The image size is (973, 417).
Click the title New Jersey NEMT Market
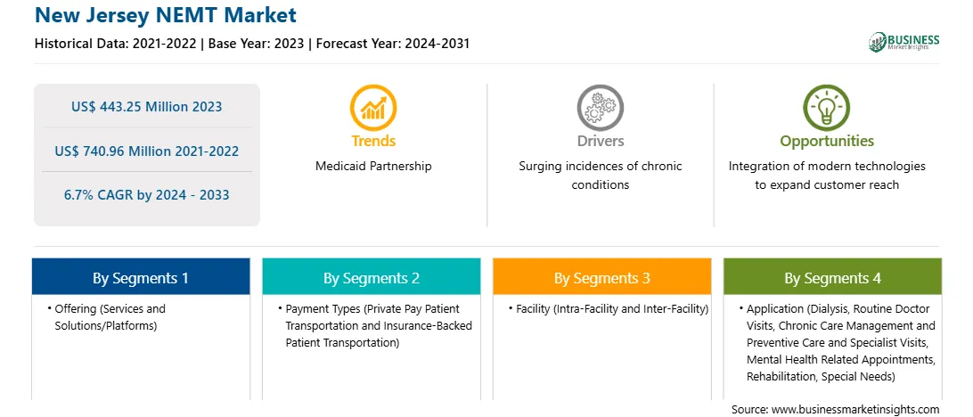coord(166,14)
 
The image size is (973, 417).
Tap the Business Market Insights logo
coord(904,42)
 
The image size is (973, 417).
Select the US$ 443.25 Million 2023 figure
coord(146,106)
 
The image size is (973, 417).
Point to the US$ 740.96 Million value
coord(146,151)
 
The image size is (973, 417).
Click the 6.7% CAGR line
coord(146,195)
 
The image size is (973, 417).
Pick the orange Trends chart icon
coord(373,107)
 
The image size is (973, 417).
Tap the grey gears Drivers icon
coord(600,107)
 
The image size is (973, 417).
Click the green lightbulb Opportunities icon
coord(827,107)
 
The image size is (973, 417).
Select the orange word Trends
coord(373,141)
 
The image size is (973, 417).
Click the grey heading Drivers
coord(600,141)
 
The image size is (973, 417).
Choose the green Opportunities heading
coord(827,142)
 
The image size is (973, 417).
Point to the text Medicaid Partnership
coord(373,166)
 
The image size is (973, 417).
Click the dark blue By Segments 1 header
coord(141,277)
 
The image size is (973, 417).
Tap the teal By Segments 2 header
coord(371,277)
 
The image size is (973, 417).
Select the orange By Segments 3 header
coord(602,277)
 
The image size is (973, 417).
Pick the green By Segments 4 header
coord(833,277)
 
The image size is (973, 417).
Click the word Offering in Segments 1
coord(75,308)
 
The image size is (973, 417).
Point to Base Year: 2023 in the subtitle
coord(257,44)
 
